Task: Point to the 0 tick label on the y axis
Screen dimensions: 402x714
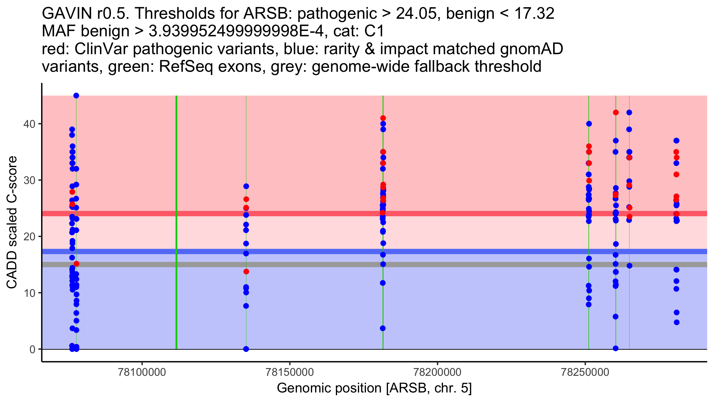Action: tap(32, 349)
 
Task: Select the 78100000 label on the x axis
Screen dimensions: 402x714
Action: tap(142, 372)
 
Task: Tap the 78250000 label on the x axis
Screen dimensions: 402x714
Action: tap(585, 372)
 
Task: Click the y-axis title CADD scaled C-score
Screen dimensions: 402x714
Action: tap(12, 222)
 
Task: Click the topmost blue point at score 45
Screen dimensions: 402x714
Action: tap(76, 96)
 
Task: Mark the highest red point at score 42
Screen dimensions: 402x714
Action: tap(616, 113)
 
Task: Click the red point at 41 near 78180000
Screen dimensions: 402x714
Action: tap(383, 118)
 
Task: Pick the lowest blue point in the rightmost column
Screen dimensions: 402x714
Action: tap(677, 322)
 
